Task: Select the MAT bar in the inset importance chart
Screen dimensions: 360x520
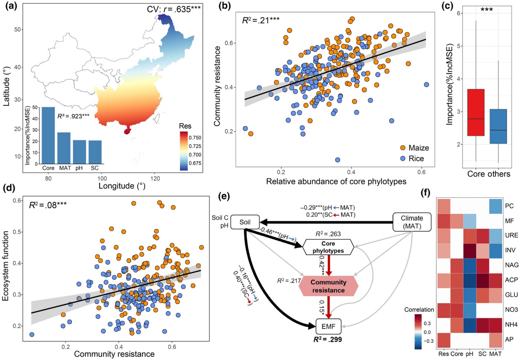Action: coord(64,148)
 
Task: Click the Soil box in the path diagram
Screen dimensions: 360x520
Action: coord(243,222)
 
